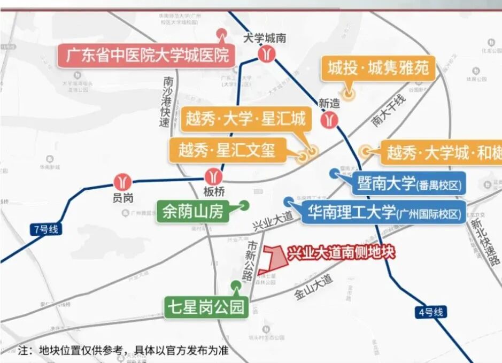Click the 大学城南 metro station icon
266,54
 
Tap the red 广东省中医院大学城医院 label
146,56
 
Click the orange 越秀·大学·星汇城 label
245,119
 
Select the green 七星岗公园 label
206,307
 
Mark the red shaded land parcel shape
276,258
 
